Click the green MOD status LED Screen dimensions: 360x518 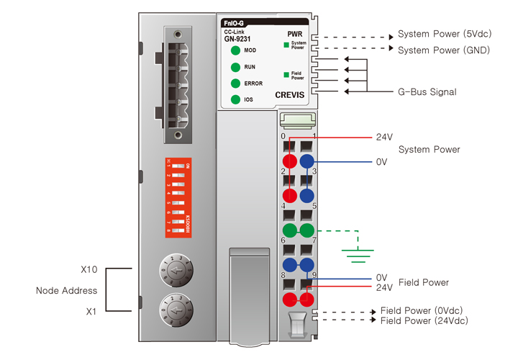tap(235, 50)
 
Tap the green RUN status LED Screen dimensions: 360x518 tap(235, 67)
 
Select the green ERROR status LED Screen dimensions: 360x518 tap(235, 84)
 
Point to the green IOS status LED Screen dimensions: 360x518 tap(235, 100)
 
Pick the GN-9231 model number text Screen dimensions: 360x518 tap(237, 39)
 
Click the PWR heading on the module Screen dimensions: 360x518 tap(295, 34)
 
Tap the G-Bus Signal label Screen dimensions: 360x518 tap(427, 92)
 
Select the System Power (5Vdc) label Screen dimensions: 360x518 tap(444, 35)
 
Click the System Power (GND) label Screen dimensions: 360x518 tap(444, 50)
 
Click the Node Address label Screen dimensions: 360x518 tap(65, 291)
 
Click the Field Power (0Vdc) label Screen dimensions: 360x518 tap(423, 310)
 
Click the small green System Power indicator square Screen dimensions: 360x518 tap(286, 45)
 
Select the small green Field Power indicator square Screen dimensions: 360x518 tap(286, 73)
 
